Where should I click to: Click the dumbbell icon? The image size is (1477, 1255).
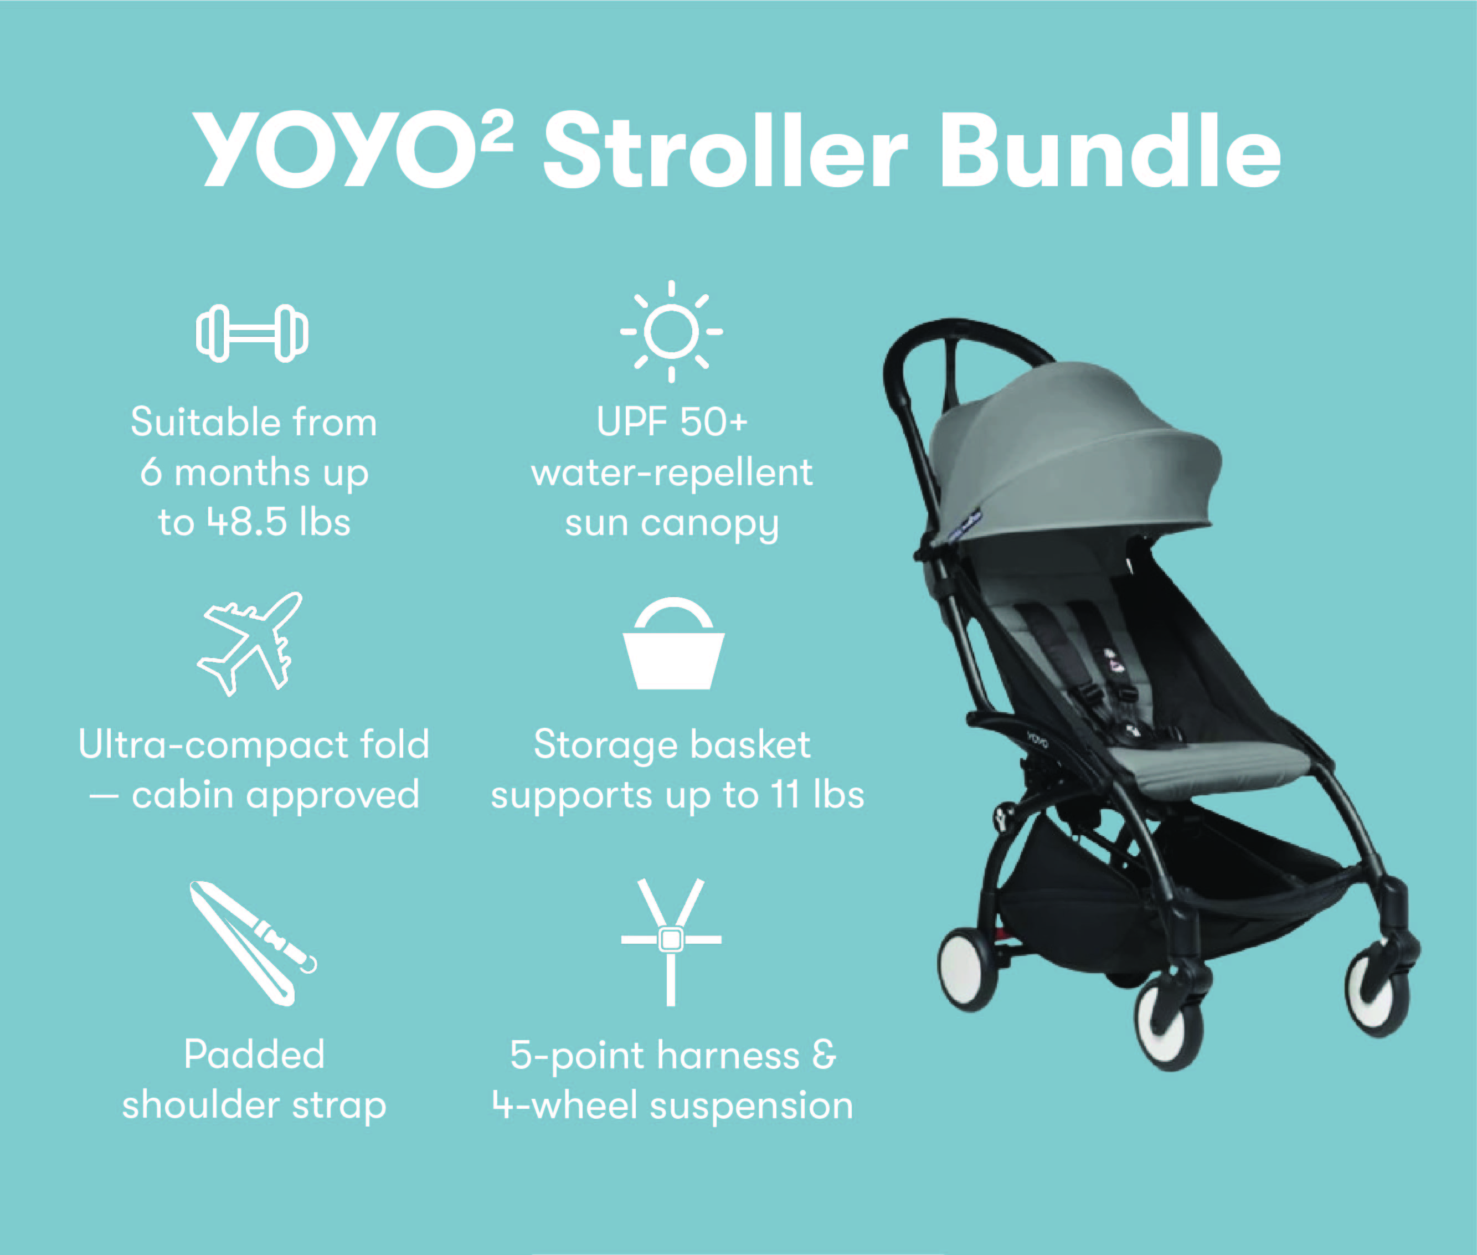[x=253, y=333]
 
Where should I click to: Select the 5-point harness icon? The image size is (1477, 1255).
[x=671, y=942]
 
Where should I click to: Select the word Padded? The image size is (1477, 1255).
[x=254, y=1053]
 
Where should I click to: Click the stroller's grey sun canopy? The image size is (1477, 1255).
[x=1074, y=462]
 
